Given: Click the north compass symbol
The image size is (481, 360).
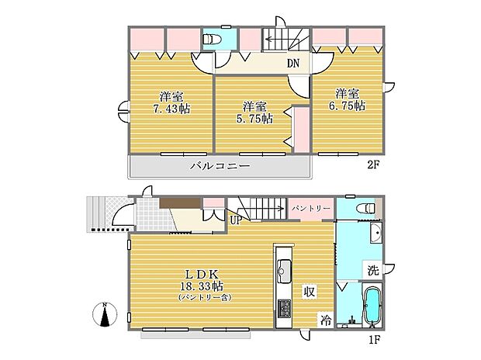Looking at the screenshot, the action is point(105,314).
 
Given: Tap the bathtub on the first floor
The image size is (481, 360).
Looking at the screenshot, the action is point(372,306).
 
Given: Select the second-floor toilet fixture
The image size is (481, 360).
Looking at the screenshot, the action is point(212,39).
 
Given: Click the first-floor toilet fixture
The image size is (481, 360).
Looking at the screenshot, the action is point(365,209).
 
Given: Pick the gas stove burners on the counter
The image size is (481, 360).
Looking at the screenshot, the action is point(285,309).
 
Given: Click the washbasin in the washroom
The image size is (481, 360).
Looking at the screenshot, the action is point(376,233).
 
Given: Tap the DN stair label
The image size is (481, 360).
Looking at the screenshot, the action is point(293,63).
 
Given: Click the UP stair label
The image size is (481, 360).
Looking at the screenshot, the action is point(236,220).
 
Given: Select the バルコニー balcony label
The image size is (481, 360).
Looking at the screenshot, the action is point(220,166).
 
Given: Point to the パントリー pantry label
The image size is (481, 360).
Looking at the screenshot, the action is point(311,209).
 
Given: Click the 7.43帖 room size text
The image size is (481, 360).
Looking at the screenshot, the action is point(171,109).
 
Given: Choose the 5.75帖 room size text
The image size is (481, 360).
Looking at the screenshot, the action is point(254,119).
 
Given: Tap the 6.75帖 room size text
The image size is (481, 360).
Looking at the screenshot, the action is point(347,106).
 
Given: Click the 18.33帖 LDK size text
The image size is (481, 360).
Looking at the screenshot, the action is point(202,286).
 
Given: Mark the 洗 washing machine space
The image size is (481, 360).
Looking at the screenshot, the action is point(373,270).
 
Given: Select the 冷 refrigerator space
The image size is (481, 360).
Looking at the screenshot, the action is point(326,320).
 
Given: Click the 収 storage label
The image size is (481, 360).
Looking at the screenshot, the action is point(310,292).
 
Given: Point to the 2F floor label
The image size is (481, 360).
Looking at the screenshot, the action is point(374,165).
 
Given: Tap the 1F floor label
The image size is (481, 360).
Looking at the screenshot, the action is point(375,340).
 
